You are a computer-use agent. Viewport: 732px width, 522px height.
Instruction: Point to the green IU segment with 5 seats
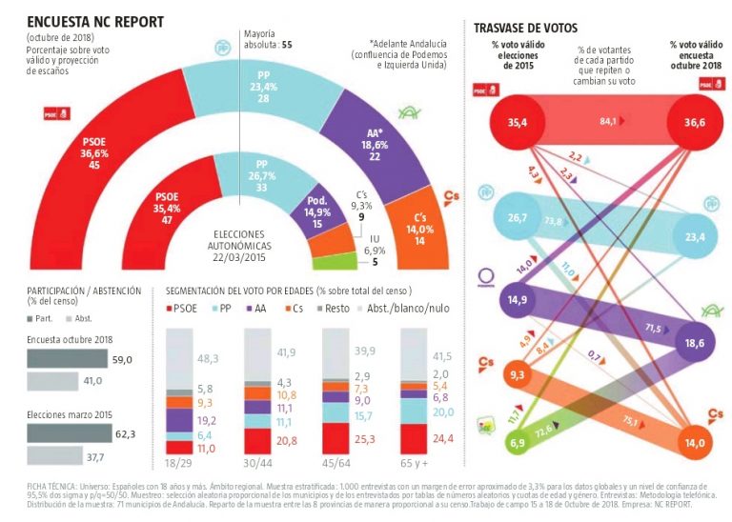coord(334,259)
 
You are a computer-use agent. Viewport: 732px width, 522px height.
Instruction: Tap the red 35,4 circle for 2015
coord(518,123)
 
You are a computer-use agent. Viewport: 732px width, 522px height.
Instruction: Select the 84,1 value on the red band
coord(606,121)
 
